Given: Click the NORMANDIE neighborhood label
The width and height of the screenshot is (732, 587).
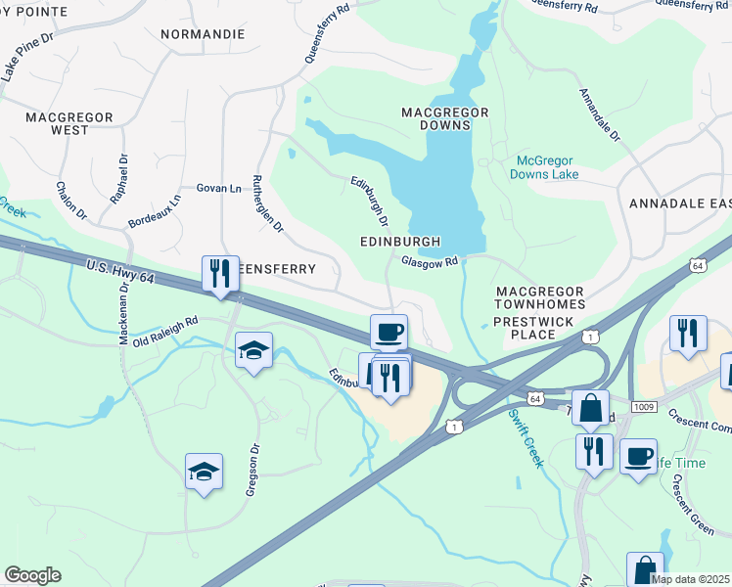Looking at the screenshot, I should coord(203,33).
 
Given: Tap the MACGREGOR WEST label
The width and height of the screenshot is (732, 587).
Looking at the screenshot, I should coord(69,123).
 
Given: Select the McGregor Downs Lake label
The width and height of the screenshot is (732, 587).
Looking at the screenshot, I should coord(544,167).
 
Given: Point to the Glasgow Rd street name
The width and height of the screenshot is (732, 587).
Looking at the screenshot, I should coord(430,261).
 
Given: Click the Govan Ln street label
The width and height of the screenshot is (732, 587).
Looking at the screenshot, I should coord(218,188).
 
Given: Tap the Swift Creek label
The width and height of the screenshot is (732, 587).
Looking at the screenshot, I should coord(525,437).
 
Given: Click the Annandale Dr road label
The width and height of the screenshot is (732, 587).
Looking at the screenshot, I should coord(599,116).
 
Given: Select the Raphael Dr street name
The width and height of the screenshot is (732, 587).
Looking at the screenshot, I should coord(119,178).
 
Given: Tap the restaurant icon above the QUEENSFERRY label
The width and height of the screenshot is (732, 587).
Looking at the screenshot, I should coord(220,273).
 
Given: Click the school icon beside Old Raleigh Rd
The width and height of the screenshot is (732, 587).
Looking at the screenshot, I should coord(253,350).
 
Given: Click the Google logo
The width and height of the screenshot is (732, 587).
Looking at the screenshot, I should coord(32,575).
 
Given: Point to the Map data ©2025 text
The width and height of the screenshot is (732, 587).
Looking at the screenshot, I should coord(689,579).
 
